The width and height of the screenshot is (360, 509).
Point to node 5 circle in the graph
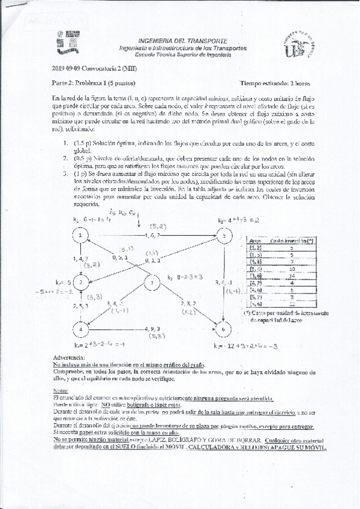tap(223, 236)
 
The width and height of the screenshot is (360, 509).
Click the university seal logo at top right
tap(298, 45)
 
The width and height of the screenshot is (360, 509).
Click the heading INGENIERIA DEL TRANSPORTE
tap(182, 37)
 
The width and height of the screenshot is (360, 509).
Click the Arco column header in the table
tap(254, 239)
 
